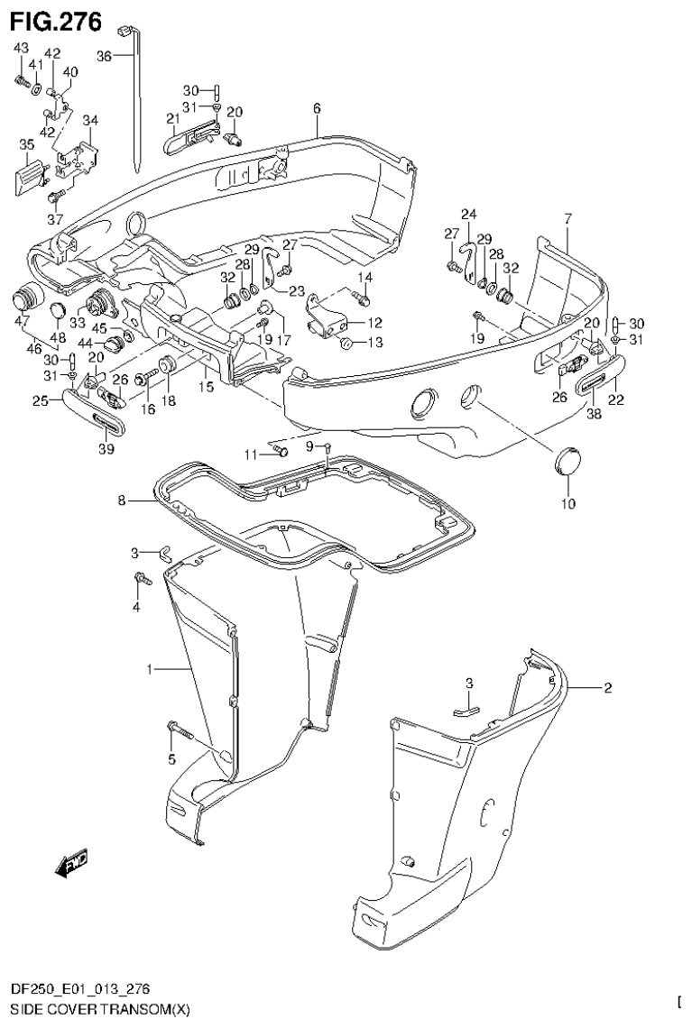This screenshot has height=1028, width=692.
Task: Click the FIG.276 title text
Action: [x=56, y=18]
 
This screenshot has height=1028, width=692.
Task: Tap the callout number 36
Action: [x=105, y=56]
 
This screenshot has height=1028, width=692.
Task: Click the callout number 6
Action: [x=317, y=108]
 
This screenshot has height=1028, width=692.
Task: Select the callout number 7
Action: [x=567, y=218]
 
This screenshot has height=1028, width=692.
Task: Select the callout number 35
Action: [x=27, y=143]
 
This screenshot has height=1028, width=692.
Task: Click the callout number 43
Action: [x=21, y=47]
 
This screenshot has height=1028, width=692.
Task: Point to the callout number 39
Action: [x=106, y=450]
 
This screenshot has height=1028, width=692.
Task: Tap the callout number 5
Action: [x=171, y=759]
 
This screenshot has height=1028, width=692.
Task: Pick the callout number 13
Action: [x=374, y=343]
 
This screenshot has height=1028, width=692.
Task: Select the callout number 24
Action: [x=468, y=215]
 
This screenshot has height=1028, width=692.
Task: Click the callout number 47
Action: [x=23, y=320]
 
